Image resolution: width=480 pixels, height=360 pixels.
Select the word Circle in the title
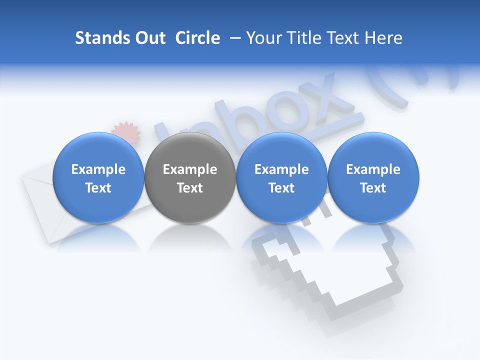point(197,38)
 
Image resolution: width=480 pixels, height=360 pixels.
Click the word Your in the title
point(263,38)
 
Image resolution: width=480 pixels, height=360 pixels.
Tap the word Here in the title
point(383,38)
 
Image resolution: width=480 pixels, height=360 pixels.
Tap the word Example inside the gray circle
point(190,169)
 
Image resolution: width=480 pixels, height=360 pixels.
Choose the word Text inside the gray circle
point(190,188)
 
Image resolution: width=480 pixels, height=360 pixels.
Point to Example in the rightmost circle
point(373,169)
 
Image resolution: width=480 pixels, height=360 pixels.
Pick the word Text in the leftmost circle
point(98,188)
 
